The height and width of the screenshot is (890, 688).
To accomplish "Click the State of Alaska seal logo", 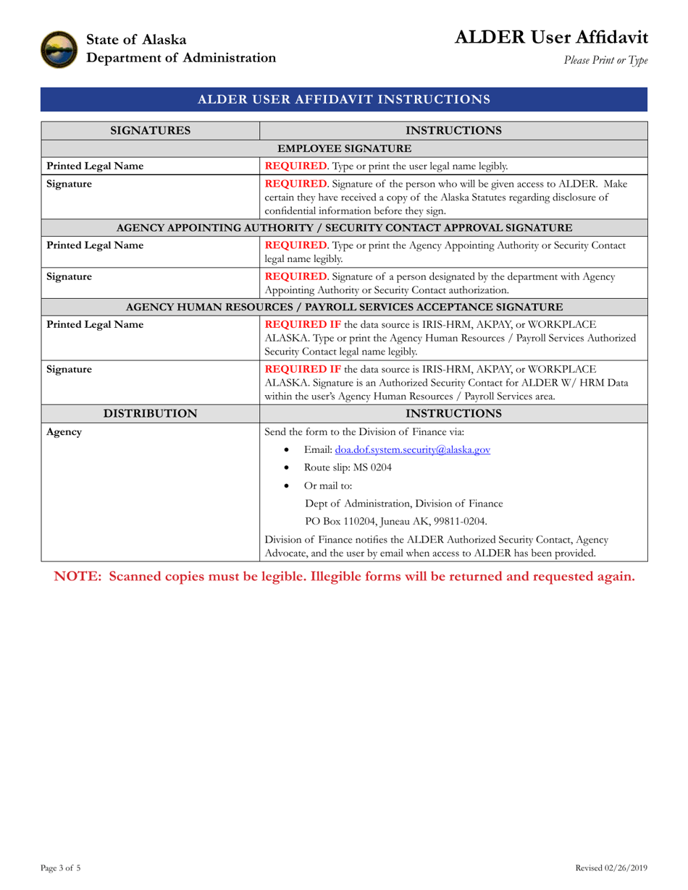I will click(59, 49).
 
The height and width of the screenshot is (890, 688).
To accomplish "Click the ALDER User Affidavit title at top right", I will click(551, 38).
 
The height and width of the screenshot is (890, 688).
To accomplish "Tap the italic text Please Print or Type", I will click(605, 61).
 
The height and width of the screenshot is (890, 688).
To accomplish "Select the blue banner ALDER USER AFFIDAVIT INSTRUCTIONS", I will click(344, 99).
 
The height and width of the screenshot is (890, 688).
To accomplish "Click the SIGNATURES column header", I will click(150, 130).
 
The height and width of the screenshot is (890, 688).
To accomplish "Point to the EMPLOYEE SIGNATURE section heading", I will click(344, 148).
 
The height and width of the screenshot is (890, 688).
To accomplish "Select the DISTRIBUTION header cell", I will click(150, 413).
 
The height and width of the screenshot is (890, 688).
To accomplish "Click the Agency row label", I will click(64, 432).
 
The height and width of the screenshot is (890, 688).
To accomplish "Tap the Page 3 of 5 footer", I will click(61, 868).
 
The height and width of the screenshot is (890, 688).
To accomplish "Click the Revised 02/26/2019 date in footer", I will click(611, 868).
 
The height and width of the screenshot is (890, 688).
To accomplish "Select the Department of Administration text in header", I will click(181, 58).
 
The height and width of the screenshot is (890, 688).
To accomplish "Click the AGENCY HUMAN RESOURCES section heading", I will click(344, 307).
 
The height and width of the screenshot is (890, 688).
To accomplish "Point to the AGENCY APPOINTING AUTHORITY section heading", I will click(344, 228).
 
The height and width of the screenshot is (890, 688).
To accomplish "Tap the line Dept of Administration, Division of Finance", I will click(404, 504).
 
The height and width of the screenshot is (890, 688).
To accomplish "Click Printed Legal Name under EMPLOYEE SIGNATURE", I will click(95, 166).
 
